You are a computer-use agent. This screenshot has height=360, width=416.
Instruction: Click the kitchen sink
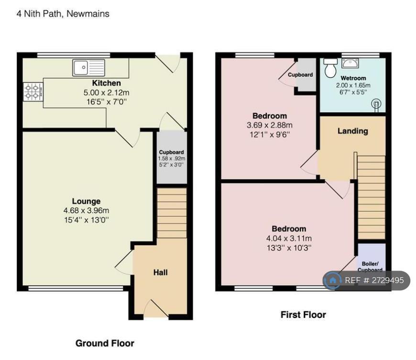[x=88, y=67]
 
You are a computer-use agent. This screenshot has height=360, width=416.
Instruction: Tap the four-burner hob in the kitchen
[x=33, y=92]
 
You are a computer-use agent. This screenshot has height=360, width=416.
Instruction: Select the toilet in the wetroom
[x=330, y=68]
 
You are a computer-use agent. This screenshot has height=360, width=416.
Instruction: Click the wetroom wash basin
[x=350, y=64]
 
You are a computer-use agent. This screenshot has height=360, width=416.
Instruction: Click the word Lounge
[x=86, y=201]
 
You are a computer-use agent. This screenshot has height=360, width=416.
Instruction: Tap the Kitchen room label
[x=106, y=83]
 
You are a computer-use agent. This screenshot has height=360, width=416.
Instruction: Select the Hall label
[x=161, y=273]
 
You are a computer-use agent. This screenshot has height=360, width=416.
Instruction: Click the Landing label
[x=352, y=131]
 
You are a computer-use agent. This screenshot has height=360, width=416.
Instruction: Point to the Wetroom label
[x=353, y=78]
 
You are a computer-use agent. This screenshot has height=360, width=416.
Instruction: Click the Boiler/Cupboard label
[x=370, y=267]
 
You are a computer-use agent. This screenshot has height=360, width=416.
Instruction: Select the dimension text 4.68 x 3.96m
[x=86, y=211]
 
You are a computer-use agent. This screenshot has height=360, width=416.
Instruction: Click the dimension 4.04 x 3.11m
[x=289, y=239]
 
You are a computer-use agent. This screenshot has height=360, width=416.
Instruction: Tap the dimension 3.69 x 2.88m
[x=270, y=125]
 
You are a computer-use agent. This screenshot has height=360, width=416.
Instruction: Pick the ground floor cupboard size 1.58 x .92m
[x=171, y=159]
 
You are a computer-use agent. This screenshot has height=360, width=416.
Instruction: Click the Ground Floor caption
[x=105, y=343]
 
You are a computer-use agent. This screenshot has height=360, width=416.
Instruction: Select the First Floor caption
[x=303, y=315]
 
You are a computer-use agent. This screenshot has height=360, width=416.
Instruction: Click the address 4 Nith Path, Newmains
[x=63, y=14]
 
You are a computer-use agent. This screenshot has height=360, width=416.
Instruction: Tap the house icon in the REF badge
[x=332, y=280]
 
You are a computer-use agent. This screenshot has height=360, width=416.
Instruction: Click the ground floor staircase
[x=172, y=213]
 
